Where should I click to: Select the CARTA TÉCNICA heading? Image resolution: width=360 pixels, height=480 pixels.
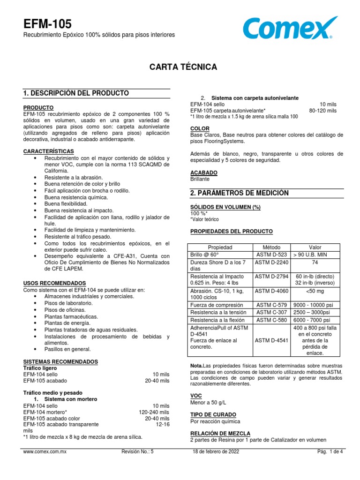point(183,67)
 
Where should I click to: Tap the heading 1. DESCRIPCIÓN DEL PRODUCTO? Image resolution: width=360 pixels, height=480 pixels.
point(76,93)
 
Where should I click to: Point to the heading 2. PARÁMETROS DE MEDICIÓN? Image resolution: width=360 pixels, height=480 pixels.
point(240,193)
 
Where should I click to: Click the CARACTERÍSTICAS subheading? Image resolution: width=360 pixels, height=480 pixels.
point(48,151)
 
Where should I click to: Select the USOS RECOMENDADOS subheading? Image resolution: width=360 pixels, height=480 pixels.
point(54,283)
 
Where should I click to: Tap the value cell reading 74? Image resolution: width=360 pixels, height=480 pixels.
point(315,262)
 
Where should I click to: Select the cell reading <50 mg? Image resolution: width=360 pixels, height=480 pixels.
point(315,291)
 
